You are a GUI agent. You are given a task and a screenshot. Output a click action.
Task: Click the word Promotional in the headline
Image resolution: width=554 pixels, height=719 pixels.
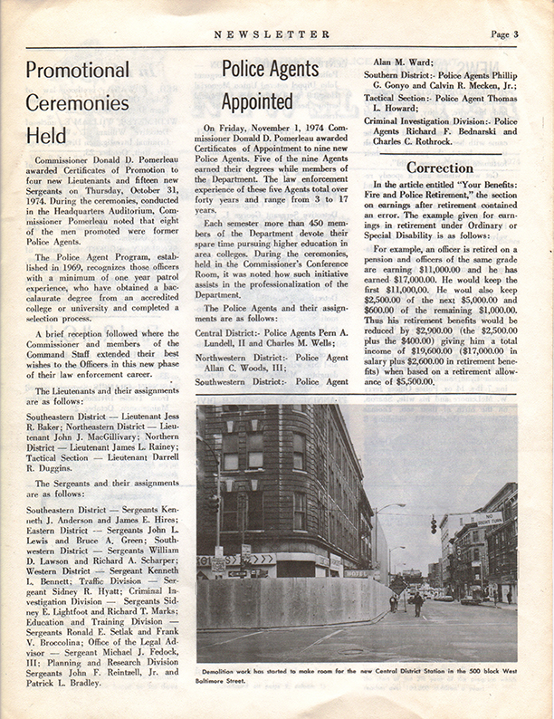pos(77,70)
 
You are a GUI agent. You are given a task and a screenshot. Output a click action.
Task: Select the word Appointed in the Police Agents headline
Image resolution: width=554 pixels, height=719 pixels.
pos(257,101)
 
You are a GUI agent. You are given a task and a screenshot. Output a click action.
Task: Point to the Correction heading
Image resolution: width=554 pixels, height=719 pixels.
pos(439,168)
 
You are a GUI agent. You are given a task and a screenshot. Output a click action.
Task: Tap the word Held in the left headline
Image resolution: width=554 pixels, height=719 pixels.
pos(45,136)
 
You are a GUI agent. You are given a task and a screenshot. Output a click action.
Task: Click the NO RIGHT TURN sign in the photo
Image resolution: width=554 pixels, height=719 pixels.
pos(488,520)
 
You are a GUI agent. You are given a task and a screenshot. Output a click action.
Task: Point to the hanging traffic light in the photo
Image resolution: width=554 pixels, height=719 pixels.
pos(433,524)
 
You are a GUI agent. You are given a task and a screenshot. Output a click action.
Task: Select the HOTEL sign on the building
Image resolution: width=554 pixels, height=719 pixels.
pos(357,573)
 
